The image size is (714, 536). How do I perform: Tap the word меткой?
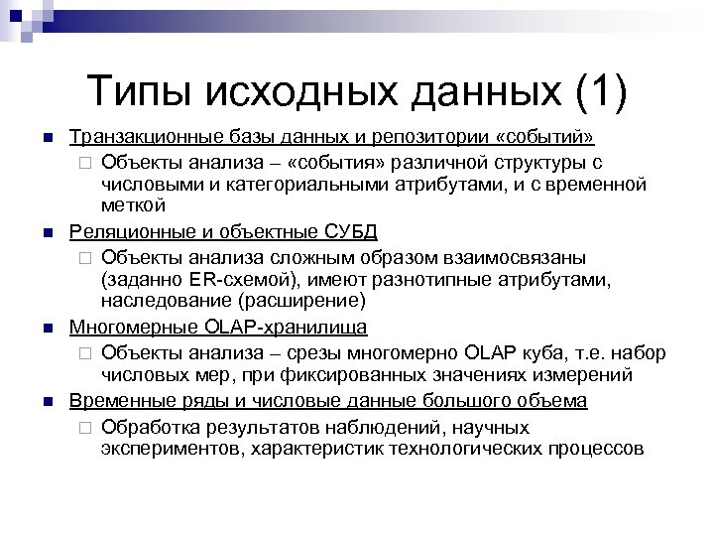pos(134,205)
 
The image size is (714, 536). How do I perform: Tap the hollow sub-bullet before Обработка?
pos(82,427)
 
